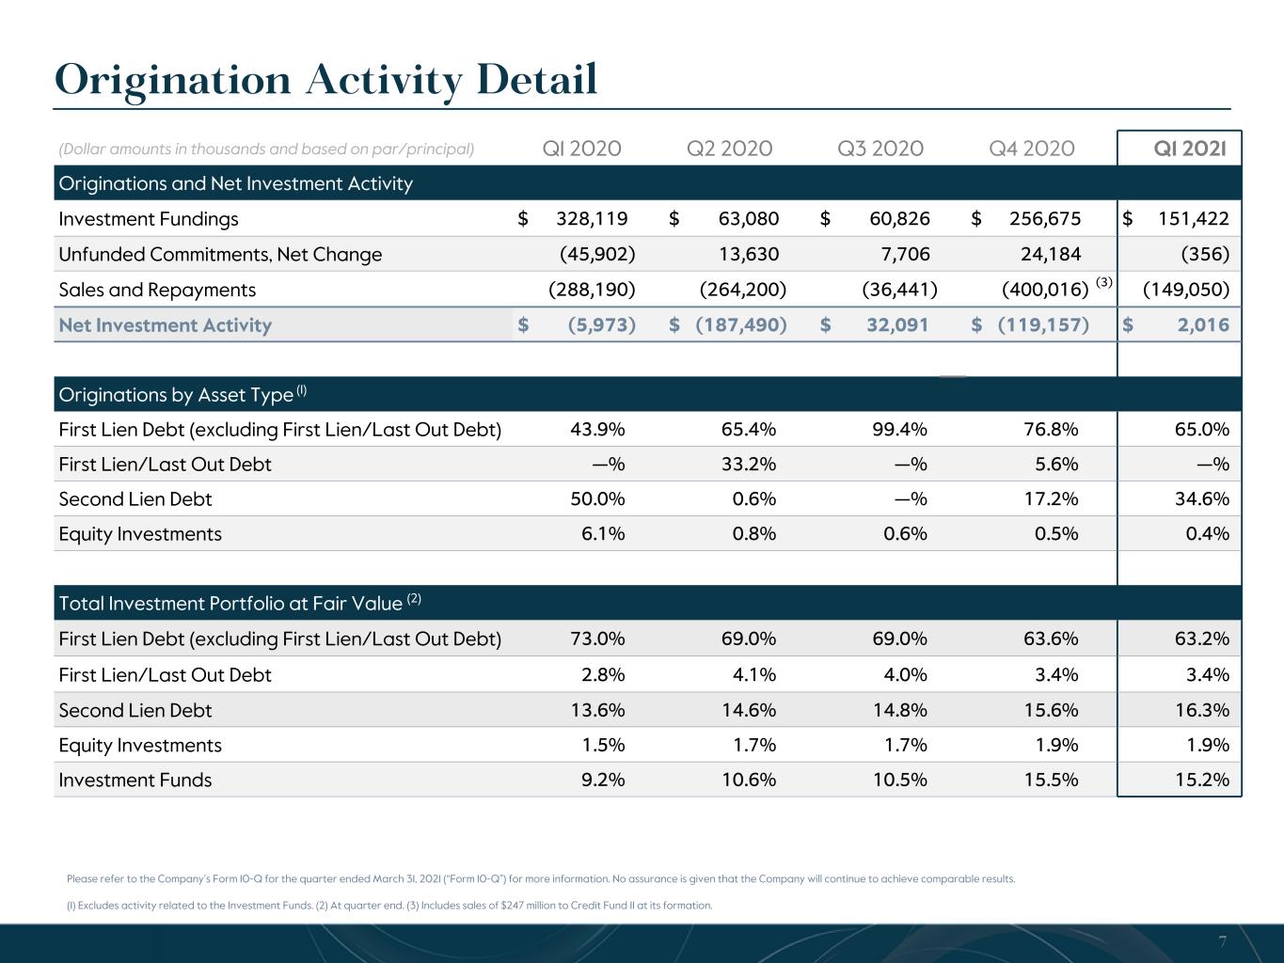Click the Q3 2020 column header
pyautogui.click(x=880, y=149)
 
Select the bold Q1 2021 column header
pyautogui.click(x=1190, y=149)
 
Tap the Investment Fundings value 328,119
pyautogui.click(x=592, y=219)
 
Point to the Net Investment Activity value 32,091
pyautogui.click(x=897, y=324)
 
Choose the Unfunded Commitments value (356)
pyautogui.click(x=1205, y=254)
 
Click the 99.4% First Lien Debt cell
pyautogui.click(x=899, y=429)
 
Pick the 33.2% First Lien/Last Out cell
pyautogui.click(x=749, y=464)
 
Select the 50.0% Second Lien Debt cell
pyautogui.click(x=598, y=498)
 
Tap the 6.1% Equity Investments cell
pyautogui.click(x=603, y=533)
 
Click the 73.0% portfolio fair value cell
pyautogui.click(x=598, y=638)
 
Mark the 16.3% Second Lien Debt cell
pyautogui.click(x=1202, y=710)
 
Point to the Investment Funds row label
pyautogui.click(x=135, y=780)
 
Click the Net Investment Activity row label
pyautogui.click(x=166, y=325)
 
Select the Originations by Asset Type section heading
pyautogui.click(x=182, y=395)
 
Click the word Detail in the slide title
pyautogui.click(x=537, y=79)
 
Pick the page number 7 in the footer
pyautogui.click(x=1223, y=941)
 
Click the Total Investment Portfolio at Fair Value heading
pyautogui.click(x=240, y=603)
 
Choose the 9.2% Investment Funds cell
pyautogui.click(x=603, y=780)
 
